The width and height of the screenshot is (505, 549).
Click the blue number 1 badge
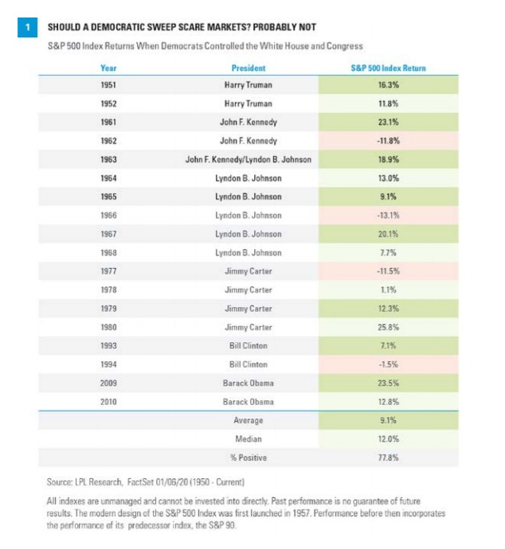[x=27, y=27]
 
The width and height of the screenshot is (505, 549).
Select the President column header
[x=248, y=68]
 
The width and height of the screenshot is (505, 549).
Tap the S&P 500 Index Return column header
[x=388, y=68]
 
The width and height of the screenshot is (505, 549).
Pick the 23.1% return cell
[x=388, y=122]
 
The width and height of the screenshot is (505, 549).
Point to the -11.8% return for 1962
[x=388, y=140]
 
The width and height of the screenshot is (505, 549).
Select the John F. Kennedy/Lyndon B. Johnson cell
[x=248, y=158]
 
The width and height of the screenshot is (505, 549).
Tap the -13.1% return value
[x=388, y=215]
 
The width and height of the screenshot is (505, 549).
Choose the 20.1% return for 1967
[x=388, y=233]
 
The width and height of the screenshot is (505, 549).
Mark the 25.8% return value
[x=388, y=326]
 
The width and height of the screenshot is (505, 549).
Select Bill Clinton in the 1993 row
[x=248, y=345]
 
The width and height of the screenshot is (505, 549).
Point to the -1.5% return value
[x=388, y=364]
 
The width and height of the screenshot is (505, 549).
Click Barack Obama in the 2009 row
[x=248, y=382]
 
